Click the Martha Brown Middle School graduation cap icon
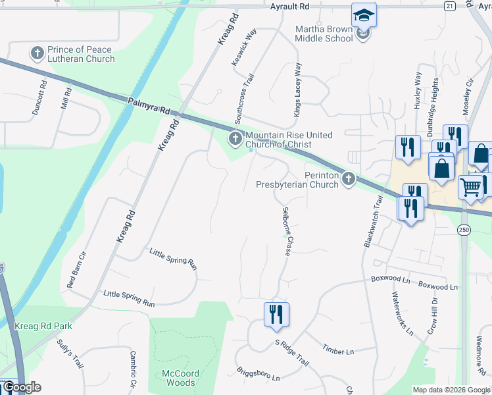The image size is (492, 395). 364,15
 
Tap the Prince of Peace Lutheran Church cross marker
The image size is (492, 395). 37,52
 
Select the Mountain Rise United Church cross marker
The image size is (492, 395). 235,138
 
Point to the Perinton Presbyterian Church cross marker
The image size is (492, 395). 349,178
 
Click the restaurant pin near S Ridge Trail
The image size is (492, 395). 276,315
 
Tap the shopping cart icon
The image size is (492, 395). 471,187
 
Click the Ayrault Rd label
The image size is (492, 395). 289,6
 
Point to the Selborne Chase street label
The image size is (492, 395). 287,228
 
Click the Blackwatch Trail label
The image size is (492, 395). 372,221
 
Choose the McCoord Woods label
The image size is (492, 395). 178,378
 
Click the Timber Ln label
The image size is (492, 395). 339,350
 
